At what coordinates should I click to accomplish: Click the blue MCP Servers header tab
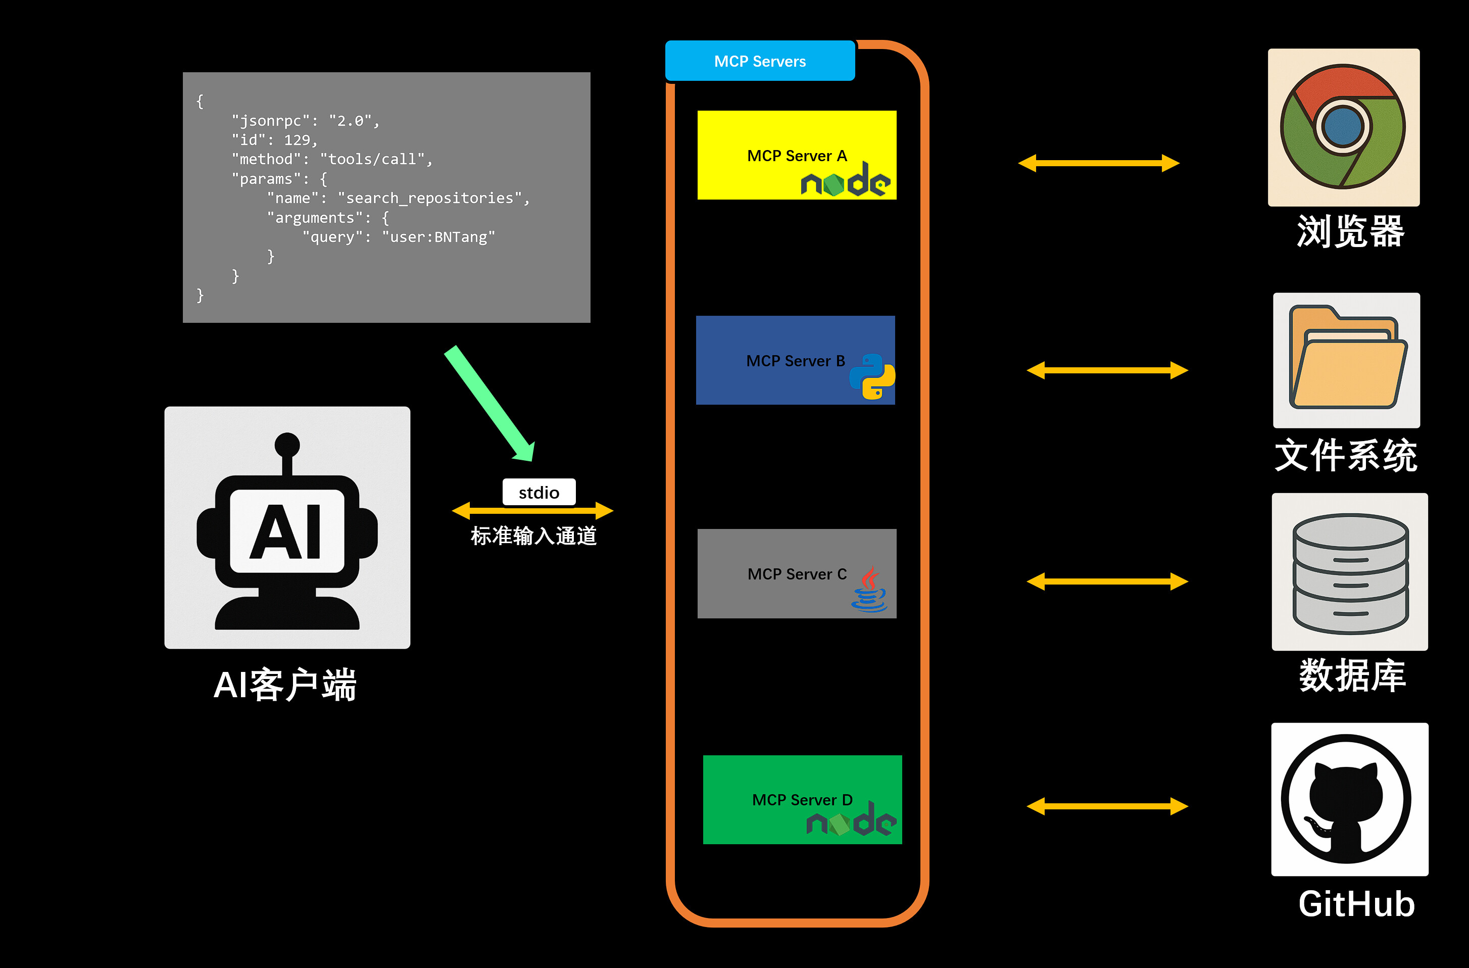coord(760,61)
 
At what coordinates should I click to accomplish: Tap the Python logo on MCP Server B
coord(872,376)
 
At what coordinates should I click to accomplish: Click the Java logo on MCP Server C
coord(869,590)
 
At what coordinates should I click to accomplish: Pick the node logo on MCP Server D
coord(851,820)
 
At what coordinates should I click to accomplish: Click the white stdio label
coord(539,492)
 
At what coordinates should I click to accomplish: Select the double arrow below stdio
coord(532,511)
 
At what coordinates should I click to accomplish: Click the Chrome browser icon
coord(1343,126)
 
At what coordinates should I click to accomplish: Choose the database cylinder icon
coord(1350,573)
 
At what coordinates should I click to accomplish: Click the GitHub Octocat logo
coord(1346,799)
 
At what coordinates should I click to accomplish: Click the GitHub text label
coord(1356,904)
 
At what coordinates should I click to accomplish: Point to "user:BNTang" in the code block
coord(438,237)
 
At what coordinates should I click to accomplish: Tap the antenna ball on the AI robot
coord(287,445)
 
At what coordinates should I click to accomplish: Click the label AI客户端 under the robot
coord(285,685)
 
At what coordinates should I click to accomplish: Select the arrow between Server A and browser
coord(1099,163)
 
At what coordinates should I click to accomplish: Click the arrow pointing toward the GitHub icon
coord(1107,806)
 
